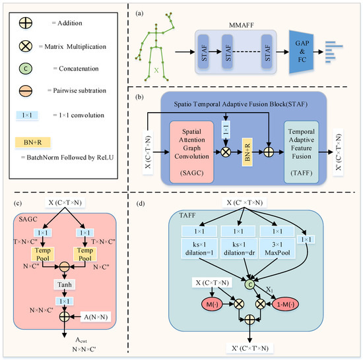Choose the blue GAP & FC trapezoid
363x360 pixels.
(x=302, y=50)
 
